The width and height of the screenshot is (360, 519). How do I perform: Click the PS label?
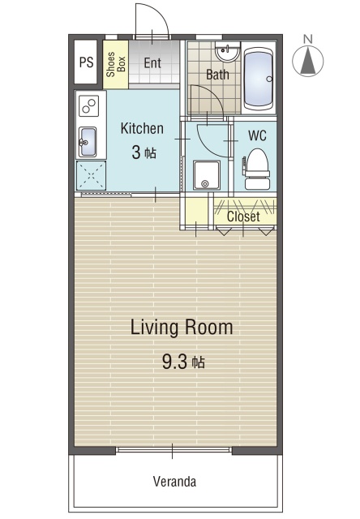(x=87, y=62)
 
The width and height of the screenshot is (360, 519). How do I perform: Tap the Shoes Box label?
(x=115, y=64)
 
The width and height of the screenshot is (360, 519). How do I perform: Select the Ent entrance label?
(x=152, y=63)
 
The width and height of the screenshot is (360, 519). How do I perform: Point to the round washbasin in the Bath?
(x=227, y=51)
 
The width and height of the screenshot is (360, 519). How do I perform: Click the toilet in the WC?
(x=256, y=169)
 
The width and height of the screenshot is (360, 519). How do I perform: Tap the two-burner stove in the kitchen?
(x=89, y=106)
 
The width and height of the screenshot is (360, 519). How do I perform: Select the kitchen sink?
(x=88, y=142)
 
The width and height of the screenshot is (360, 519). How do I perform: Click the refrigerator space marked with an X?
(x=91, y=175)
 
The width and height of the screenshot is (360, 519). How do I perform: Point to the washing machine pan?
(x=207, y=175)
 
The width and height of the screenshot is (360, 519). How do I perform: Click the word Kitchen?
(x=142, y=128)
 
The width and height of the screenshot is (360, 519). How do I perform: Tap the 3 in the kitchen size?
(x=135, y=153)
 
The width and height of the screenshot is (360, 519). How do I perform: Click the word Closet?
(x=243, y=217)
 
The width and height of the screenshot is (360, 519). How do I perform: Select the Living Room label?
(x=182, y=327)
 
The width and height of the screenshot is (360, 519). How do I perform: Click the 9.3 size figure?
(x=175, y=362)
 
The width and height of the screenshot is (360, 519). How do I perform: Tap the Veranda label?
(x=174, y=481)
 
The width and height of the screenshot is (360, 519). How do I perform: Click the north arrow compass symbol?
(x=308, y=62)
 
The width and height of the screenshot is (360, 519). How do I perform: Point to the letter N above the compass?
(x=308, y=40)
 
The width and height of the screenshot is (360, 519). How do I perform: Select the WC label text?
(x=257, y=135)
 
